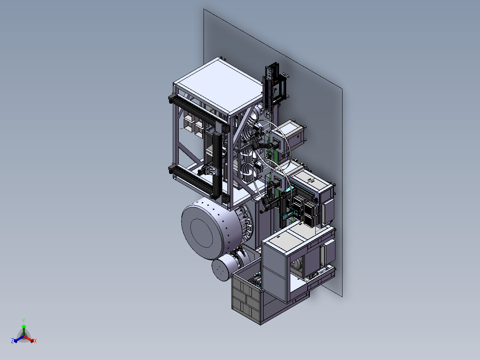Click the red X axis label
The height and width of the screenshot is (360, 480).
(35, 341)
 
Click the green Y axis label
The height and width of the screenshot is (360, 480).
(24, 321)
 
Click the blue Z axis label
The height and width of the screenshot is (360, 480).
(12, 340)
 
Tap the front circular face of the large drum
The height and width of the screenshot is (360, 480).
(202, 233)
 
